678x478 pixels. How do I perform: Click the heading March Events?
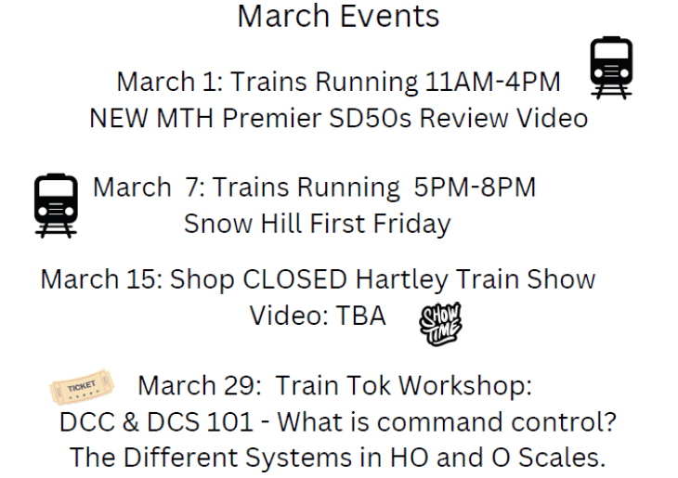pos(338,16)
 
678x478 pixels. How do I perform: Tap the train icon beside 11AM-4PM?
pos(611,67)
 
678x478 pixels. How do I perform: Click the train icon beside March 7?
pos(56,205)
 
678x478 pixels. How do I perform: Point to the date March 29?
pos(198,385)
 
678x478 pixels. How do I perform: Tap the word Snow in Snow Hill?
pos(215,224)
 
